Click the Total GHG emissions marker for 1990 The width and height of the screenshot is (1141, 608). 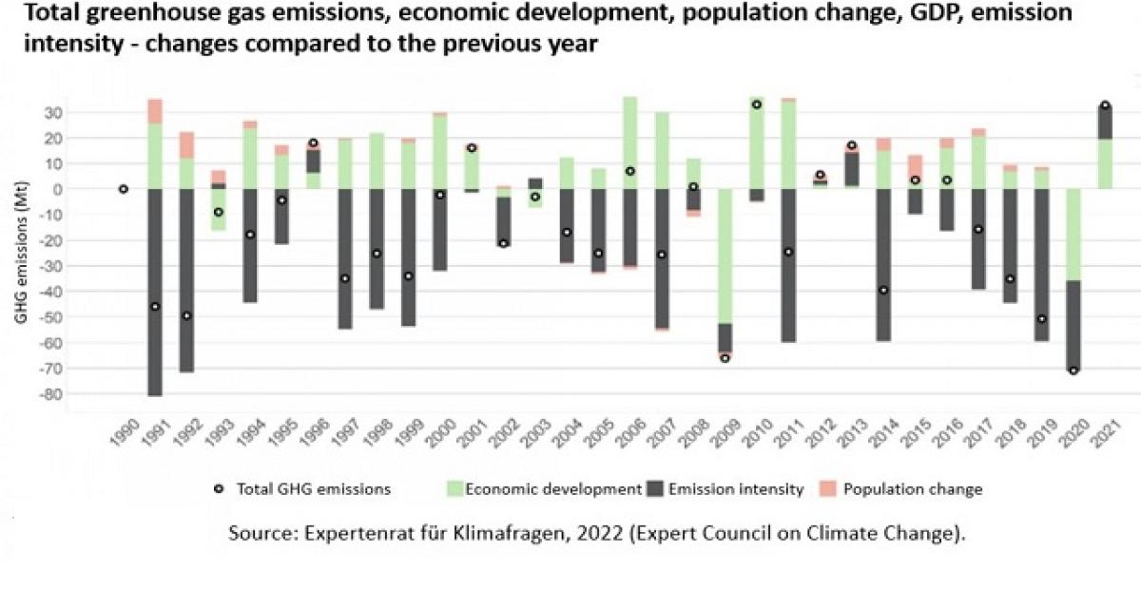point(124,189)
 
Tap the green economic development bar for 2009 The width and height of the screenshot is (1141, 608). point(725,256)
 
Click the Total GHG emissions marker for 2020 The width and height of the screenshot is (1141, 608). point(1073,370)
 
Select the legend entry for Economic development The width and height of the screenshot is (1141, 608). point(544,489)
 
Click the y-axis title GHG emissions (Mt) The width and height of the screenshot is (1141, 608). point(21,256)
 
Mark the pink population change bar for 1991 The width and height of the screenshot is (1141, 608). point(155,111)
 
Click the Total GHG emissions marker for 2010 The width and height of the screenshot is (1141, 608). point(757,104)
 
